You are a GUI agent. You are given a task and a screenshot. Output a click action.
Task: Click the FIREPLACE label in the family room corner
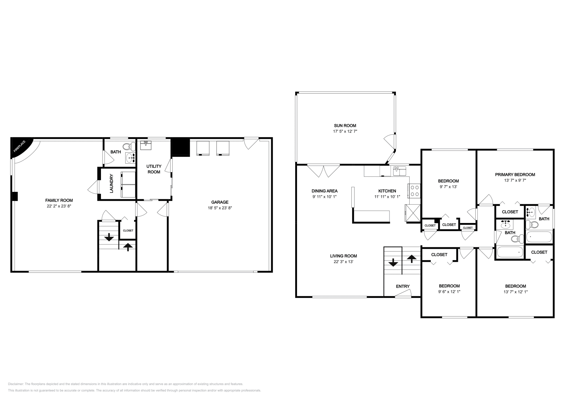click(19, 146)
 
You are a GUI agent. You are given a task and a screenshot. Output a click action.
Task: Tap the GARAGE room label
click(220, 202)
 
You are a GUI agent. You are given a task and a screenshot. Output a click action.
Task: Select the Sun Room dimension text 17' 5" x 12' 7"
click(345, 131)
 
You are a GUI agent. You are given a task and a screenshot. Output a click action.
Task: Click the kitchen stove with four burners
click(415, 191)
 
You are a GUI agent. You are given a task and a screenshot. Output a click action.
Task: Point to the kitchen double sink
click(399, 171)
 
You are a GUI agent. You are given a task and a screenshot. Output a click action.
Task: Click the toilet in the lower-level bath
click(129, 146)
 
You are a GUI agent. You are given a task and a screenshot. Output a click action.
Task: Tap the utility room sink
click(145, 145)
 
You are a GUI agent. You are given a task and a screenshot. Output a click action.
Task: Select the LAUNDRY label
click(112, 183)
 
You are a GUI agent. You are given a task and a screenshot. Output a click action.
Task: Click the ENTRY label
click(403, 286)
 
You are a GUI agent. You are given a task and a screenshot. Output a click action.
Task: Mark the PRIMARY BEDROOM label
click(515, 175)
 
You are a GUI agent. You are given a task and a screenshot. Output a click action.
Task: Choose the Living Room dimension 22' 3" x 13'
click(343, 262)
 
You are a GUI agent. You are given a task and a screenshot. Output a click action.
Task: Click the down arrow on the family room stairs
click(109, 237)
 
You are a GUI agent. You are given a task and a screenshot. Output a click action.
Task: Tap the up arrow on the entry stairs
click(412, 259)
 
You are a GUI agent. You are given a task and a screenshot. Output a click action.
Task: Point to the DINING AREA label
click(325, 191)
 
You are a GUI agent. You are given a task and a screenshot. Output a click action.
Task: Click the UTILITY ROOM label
click(154, 169)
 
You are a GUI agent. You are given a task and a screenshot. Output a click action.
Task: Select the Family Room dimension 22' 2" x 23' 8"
click(59, 206)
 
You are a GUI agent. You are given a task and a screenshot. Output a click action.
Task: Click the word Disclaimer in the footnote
click(16, 384)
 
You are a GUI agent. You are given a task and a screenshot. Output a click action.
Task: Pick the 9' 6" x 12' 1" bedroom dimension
click(449, 292)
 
